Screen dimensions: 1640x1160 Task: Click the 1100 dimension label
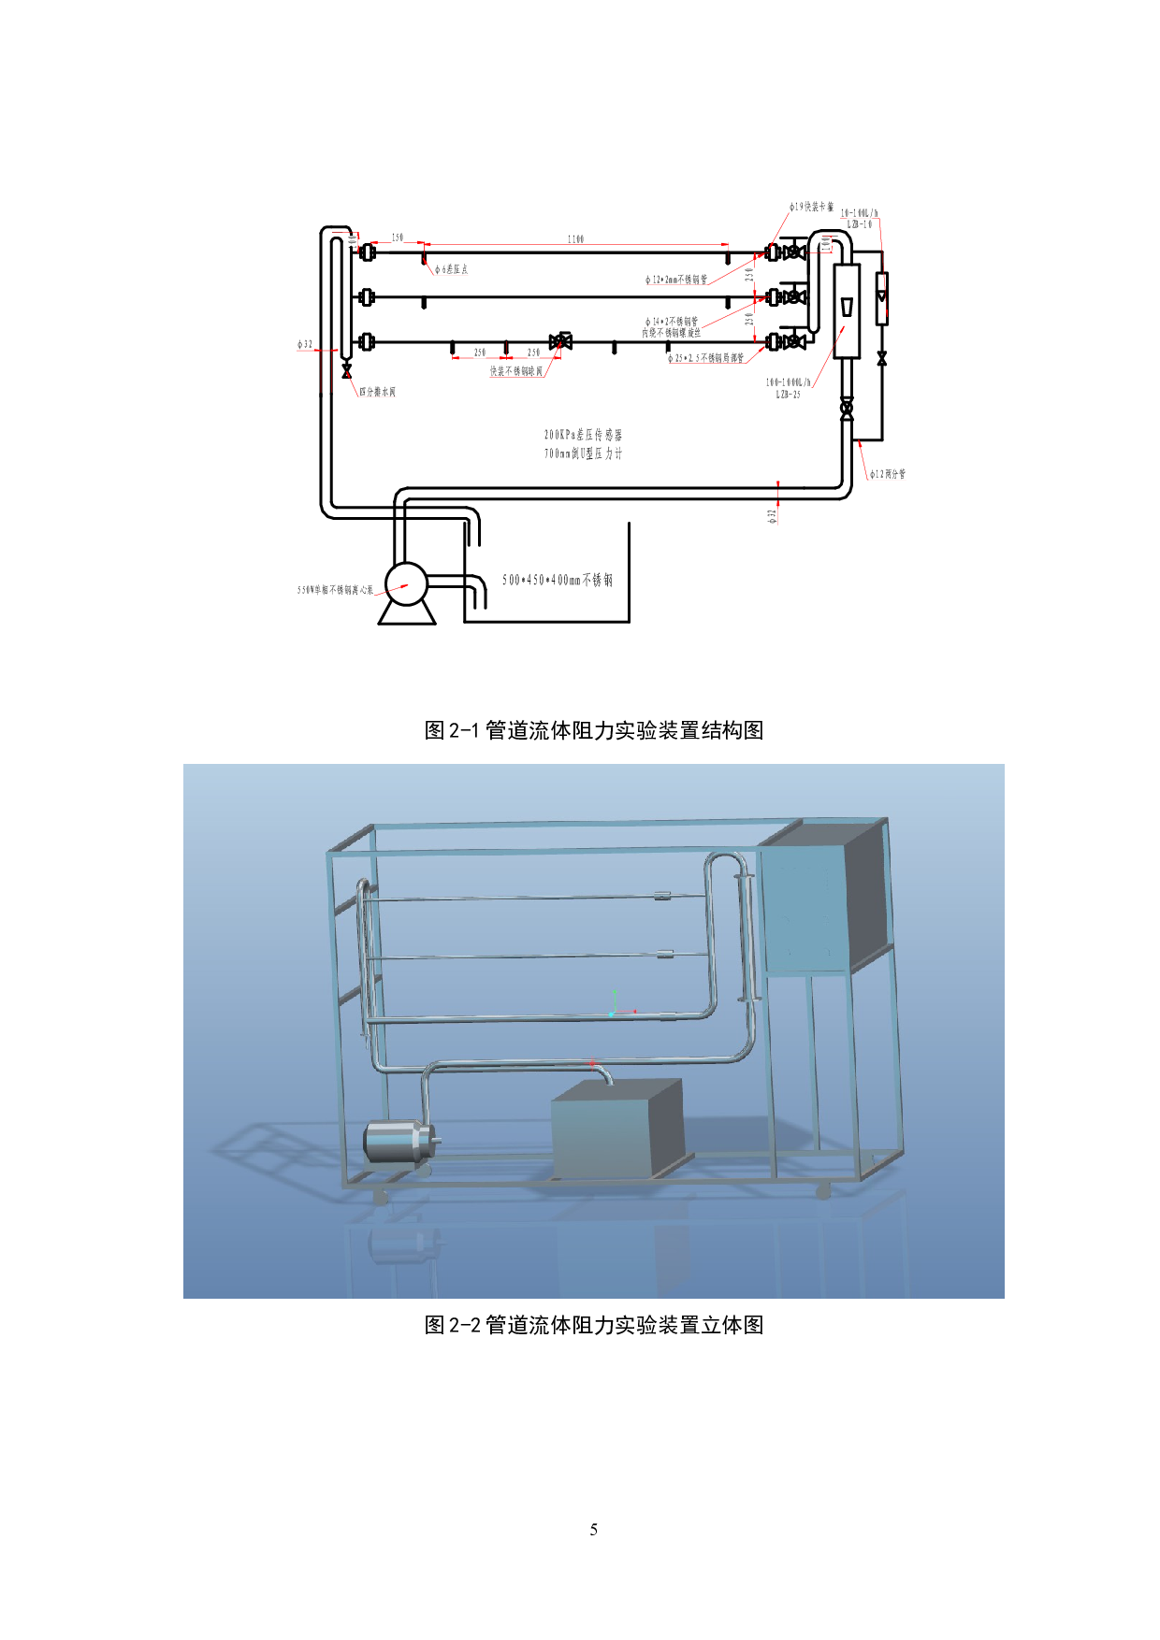pyautogui.click(x=575, y=239)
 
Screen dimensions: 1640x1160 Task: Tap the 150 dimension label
pyautogui.click(x=398, y=237)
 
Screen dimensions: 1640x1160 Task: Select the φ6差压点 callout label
pyautogui.click(x=451, y=269)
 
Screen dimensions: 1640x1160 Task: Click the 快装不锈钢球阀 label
pyautogui.click(x=516, y=371)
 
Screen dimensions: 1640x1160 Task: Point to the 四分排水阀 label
pyautogui.click(x=378, y=392)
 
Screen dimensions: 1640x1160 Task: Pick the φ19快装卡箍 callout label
pyautogui.click(x=811, y=207)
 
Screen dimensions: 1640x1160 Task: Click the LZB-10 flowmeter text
pyautogui.click(x=860, y=224)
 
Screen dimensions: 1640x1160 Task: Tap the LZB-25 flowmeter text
pyautogui.click(x=789, y=394)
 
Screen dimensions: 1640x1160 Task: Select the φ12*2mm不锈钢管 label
pyautogui.click(x=676, y=280)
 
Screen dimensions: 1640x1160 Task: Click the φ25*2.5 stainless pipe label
pyautogui.click(x=706, y=358)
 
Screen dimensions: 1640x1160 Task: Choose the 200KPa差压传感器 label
pyautogui.click(x=584, y=435)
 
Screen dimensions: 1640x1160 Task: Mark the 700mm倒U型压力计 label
pyautogui.click(x=584, y=453)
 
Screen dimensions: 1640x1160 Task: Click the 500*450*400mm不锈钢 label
pyautogui.click(x=558, y=581)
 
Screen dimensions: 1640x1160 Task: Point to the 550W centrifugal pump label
pyautogui.click(x=336, y=590)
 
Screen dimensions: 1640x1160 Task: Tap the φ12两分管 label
pyautogui.click(x=888, y=474)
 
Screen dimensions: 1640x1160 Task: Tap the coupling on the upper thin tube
pyautogui.click(x=662, y=896)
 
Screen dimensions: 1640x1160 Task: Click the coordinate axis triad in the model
pyautogui.click(x=615, y=1007)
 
